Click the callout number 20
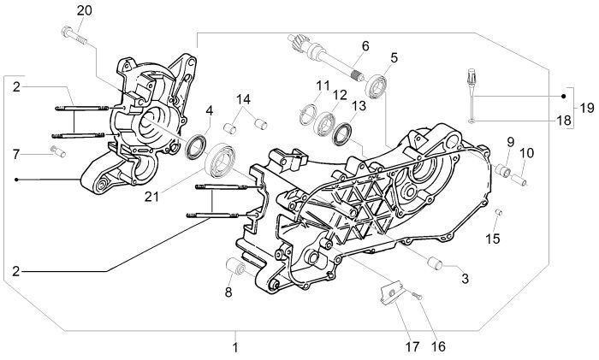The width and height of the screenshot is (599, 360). pyautogui.click(x=83, y=10)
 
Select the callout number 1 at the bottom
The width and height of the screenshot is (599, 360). pyautogui.click(x=235, y=348)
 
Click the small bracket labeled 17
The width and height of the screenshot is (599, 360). pyautogui.click(x=389, y=293)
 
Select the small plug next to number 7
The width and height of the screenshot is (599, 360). pyautogui.click(x=56, y=152)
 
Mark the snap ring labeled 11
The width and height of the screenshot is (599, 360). pyautogui.click(x=311, y=114)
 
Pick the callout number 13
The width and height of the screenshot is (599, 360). pyautogui.click(x=359, y=105)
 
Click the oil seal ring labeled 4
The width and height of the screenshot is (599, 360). pyautogui.click(x=197, y=145)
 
